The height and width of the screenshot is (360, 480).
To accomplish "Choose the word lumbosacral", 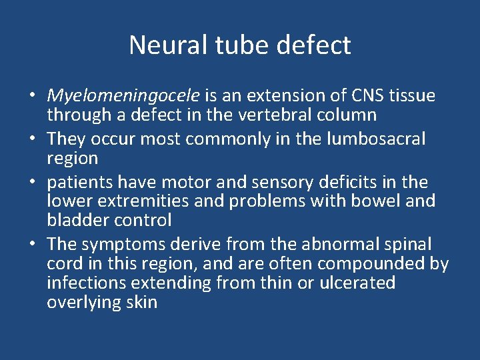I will tap(373, 139).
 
